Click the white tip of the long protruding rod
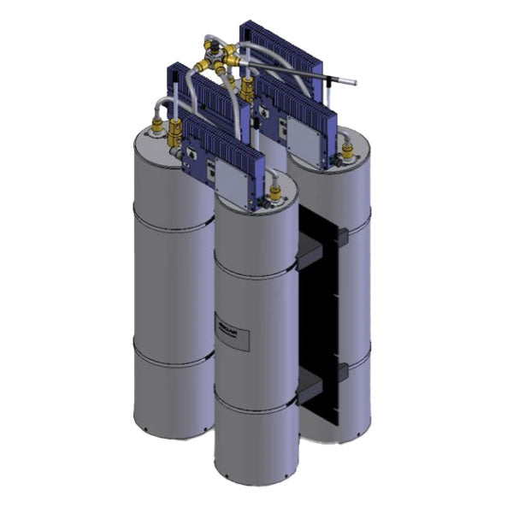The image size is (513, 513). (349, 83)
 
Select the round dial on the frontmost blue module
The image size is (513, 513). (193, 153)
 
